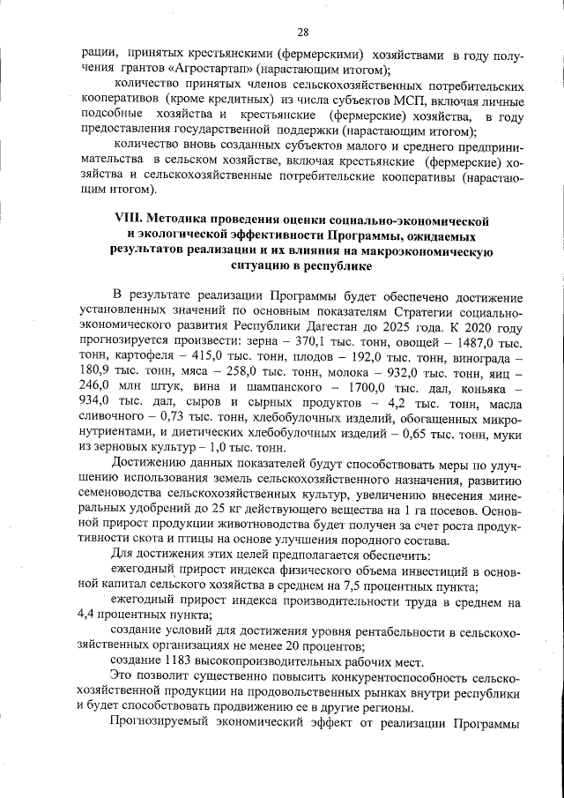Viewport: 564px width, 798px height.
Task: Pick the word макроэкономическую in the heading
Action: point(429,250)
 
